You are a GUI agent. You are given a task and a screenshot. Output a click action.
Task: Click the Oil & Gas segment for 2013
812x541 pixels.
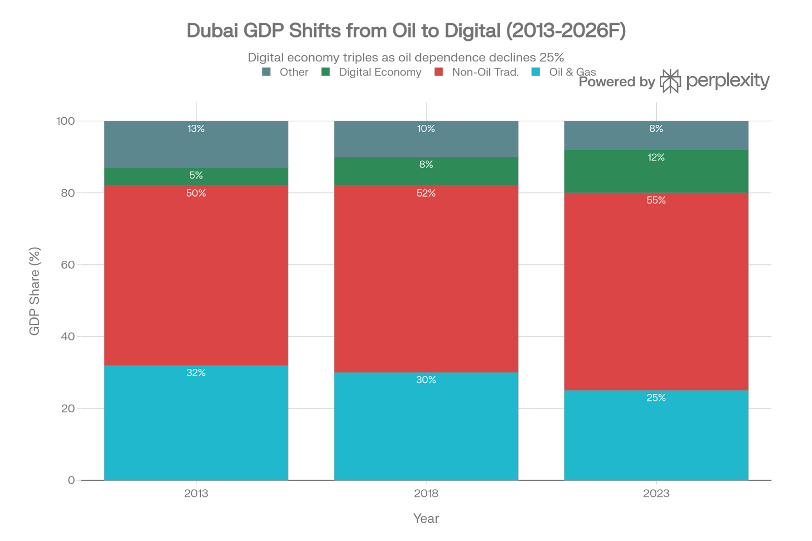pos(196,426)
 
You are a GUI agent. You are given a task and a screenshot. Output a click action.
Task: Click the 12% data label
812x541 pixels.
pos(656,157)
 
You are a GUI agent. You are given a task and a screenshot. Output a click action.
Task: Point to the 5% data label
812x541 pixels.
pos(196,175)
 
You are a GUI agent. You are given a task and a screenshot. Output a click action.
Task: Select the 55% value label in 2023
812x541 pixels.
pos(656,200)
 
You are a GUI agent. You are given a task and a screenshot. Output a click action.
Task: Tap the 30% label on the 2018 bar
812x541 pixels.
pos(426,380)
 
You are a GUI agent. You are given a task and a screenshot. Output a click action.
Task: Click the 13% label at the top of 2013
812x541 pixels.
pos(196,129)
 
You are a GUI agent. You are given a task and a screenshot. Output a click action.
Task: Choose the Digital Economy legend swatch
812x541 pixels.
pos(325,72)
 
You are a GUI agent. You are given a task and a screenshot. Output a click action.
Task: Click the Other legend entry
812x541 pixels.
pos(293,72)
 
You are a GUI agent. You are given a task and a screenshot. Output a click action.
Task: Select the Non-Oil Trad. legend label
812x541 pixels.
pos(485,72)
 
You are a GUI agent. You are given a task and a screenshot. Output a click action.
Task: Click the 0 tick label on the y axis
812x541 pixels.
pos(71,480)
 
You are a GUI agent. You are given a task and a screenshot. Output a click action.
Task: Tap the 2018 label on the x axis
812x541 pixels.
pos(426,493)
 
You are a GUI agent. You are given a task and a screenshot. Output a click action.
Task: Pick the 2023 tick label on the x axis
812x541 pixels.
pos(656,493)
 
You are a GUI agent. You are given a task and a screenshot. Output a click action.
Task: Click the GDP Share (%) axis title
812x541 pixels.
pos(35,291)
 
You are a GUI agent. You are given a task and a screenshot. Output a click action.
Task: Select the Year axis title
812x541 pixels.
pos(426,519)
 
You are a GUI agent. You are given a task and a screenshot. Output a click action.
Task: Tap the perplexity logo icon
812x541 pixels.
pos(670,81)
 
